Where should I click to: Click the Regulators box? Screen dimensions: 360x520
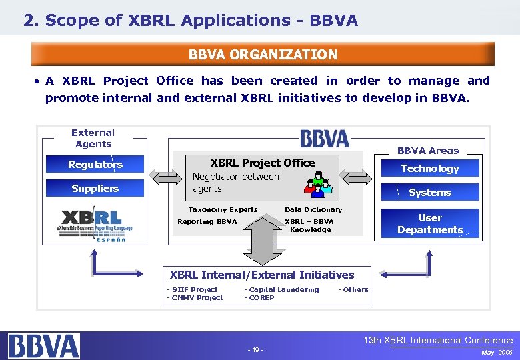95,165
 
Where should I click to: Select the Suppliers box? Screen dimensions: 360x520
95,189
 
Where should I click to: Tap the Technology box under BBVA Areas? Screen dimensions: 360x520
429,169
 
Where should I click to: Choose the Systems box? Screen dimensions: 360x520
429,193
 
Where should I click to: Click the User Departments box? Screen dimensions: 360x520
429,224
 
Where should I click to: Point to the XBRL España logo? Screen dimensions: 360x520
94,225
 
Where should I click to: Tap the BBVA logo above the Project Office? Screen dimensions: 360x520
324,139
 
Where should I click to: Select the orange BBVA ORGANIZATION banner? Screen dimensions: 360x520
263,55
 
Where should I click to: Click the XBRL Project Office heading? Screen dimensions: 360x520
263,163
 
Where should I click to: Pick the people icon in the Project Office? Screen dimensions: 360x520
317,185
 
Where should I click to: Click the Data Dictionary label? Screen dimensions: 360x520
313,209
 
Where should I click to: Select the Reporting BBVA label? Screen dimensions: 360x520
207,221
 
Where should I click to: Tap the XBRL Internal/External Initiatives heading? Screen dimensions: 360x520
262,275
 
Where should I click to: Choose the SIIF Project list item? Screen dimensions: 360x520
193,289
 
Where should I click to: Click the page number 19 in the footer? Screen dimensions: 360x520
255,350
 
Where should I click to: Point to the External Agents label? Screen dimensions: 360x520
93,138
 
